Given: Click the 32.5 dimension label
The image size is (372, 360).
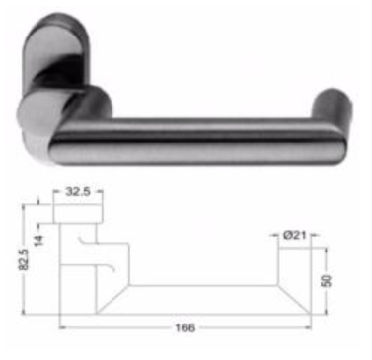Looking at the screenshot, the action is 78,191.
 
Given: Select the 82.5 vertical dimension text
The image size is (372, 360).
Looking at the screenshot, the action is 23,259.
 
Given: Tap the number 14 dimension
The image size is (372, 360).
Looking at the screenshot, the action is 38,241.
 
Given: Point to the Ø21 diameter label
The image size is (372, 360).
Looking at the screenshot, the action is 295,235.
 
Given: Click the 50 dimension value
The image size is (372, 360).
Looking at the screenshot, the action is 326,281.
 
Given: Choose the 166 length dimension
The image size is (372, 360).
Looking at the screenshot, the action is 185,327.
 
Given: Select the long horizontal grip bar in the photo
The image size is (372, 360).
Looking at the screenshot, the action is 197,141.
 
